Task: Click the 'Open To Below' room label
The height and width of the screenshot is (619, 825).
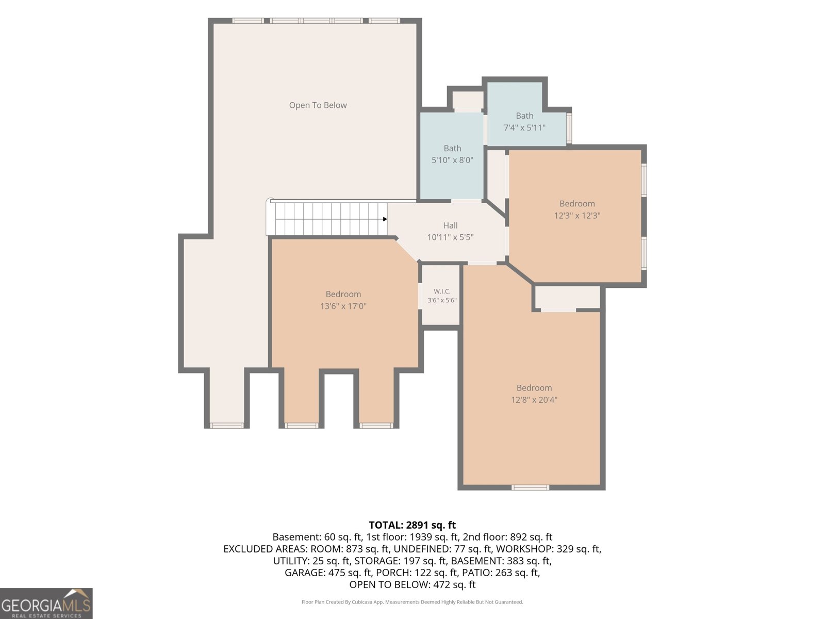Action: click(x=318, y=105)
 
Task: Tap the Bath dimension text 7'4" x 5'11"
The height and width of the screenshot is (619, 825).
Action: click(x=524, y=128)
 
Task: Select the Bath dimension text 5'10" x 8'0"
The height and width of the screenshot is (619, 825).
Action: click(x=452, y=160)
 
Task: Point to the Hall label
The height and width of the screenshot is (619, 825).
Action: click(x=450, y=225)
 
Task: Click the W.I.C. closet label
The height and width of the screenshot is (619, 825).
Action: click(x=442, y=291)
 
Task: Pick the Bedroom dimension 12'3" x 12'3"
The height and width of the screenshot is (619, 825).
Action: click(x=577, y=216)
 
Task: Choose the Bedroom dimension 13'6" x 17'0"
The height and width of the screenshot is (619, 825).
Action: click(x=343, y=306)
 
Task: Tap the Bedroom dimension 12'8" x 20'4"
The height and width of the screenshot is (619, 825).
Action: click(x=534, y=400)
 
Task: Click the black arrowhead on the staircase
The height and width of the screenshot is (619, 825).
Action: click(x=385, y=219)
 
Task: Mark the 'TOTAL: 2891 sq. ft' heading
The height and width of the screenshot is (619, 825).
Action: click(x=412, y=525)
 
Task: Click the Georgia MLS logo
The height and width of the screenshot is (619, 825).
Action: click(x=46, y=603)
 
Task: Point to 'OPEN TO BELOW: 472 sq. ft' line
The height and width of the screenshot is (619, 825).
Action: click(x=412, y=585)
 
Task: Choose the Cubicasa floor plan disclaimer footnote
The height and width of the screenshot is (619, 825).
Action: click(x=412, y=602)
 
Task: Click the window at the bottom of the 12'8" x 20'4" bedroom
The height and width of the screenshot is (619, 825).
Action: click(x=530, y=487)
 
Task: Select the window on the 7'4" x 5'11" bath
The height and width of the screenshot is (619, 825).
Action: click(x=569, y=128)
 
